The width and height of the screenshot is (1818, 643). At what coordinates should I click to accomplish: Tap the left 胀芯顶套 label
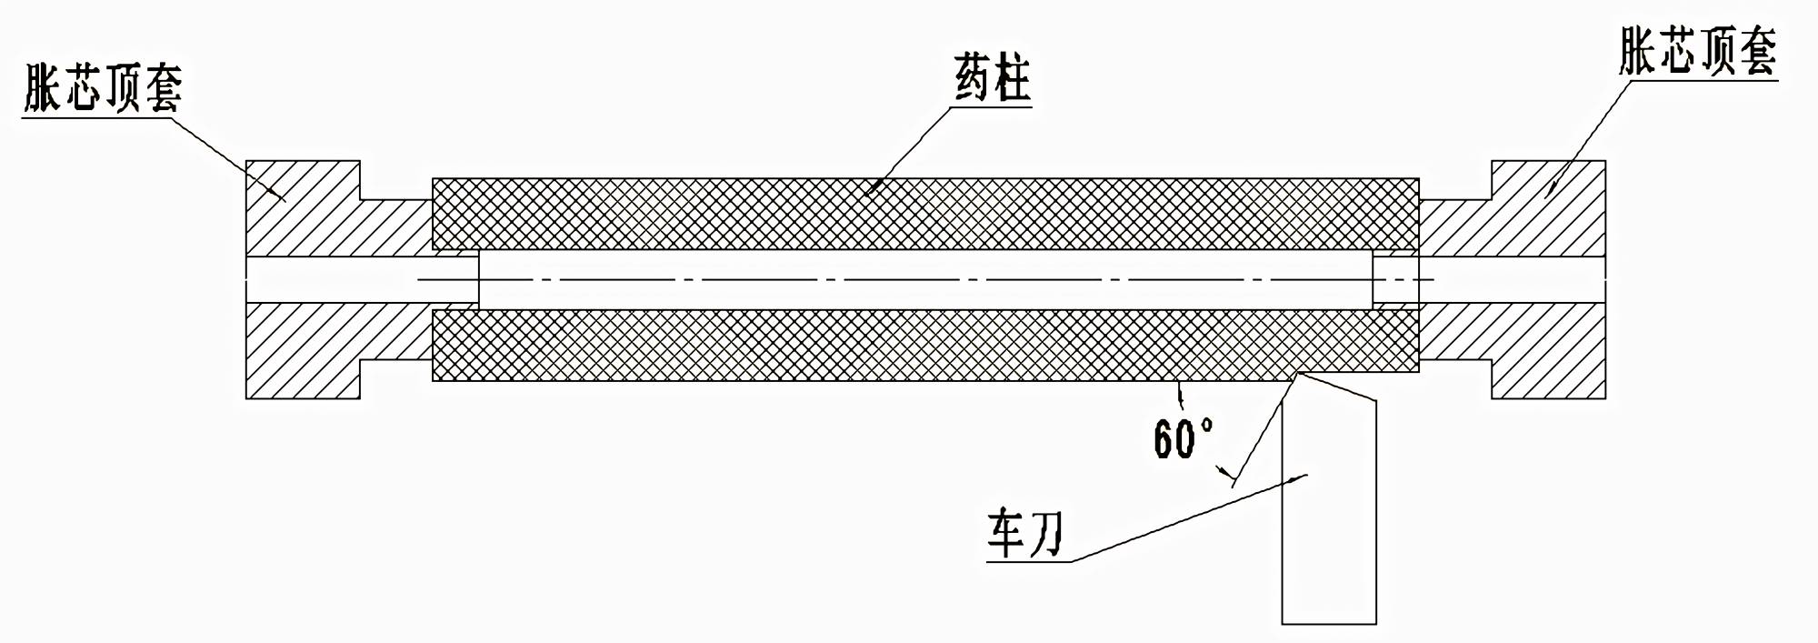click(x=103, y=88)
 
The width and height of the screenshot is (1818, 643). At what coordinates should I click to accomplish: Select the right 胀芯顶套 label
click(x=1697, y=53)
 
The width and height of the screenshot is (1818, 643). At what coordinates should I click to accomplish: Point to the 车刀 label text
click(x=1025, y=534)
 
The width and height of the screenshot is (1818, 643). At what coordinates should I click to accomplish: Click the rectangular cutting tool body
click(x=1329, y=546)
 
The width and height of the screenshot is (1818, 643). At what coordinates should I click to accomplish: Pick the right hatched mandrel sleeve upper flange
click(x=1545, y=209)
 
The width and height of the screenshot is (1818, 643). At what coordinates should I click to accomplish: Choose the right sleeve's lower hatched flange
click(x=1545, y=350)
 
